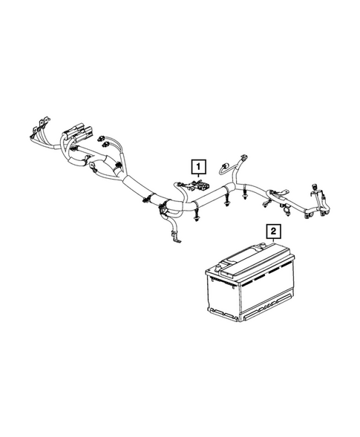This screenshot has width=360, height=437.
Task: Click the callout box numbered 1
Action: tap(197, 165)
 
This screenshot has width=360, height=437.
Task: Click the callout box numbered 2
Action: tap(274, 231)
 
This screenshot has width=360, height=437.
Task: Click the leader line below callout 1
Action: tap(197, 179)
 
